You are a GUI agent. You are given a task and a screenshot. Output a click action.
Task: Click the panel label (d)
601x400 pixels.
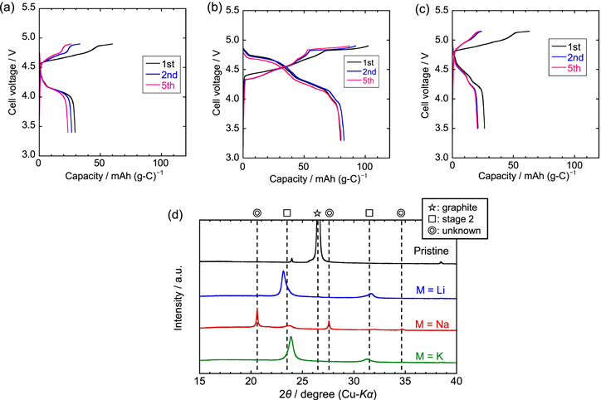point(176,214)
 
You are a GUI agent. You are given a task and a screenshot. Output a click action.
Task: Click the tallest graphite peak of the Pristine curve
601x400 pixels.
point(317,235)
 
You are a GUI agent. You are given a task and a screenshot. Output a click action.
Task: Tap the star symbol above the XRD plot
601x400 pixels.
point(317,213)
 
